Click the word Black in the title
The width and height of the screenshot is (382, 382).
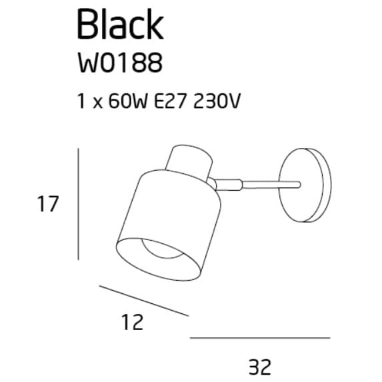tap(120, 25)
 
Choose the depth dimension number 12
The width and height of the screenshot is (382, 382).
tap(133, 323)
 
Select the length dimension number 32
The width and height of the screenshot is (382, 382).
tap(259, 366)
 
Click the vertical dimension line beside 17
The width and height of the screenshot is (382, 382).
tap(79, 204)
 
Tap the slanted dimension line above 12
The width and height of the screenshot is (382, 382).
tap(143, 301)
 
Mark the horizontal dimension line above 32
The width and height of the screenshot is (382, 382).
tap(259, 338)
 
